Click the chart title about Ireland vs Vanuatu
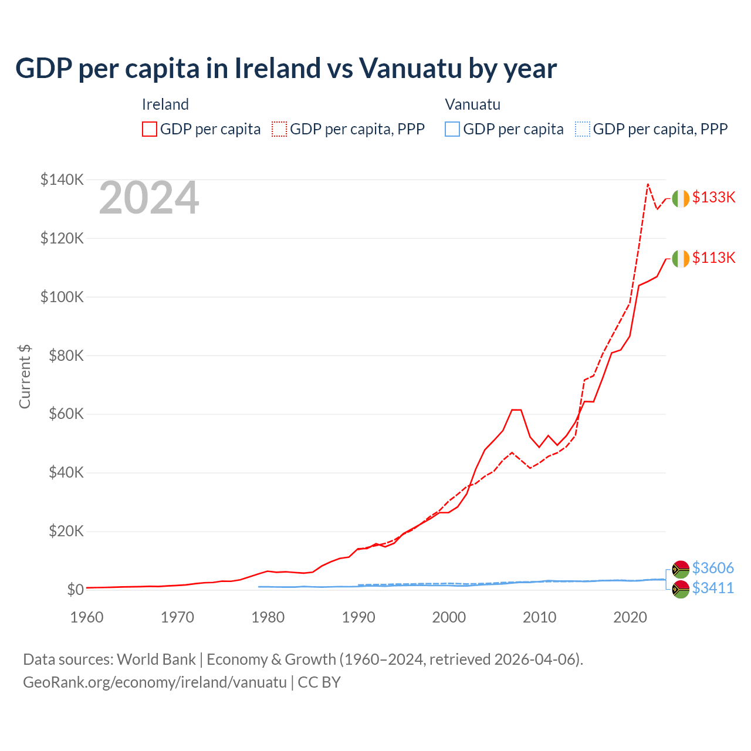pyautogui.click(x=286, y=69)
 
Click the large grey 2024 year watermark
pyautogui.click(x=149, y=198)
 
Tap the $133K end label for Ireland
pyautogui.click(x=713, y=197)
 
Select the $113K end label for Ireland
pyautogui.click(x=713, y=258)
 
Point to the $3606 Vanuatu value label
pyautogui.click(x=713, y=568)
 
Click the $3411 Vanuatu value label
pyautogui.click(x=713, y=588)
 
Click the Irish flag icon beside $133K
pyautogui.click(x=681, y=199)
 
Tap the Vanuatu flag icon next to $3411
pyautogui.click(x=681, y=589)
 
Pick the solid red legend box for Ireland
pyautogui.click(x=150, y=129)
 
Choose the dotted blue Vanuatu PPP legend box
pyautogui.click(x=583, y=129)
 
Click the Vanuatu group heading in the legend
pyautogui.click(x=473, y=104)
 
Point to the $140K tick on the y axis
pyautogui.click(x=62, y=180)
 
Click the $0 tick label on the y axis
pyautogui.click(x=75, y=590)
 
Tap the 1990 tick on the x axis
pyautogui.click(x=358, y=617)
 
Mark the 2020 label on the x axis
pyautogui.click(x=630, y=617)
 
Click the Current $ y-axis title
pyautogui.click(x=25, y=377)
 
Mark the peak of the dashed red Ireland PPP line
pyautogui.click(x=648, y=184)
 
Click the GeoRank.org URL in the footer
pyautogui.click(x=155, y=682)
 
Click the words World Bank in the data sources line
pyautogui.click(x=156, y=659)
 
